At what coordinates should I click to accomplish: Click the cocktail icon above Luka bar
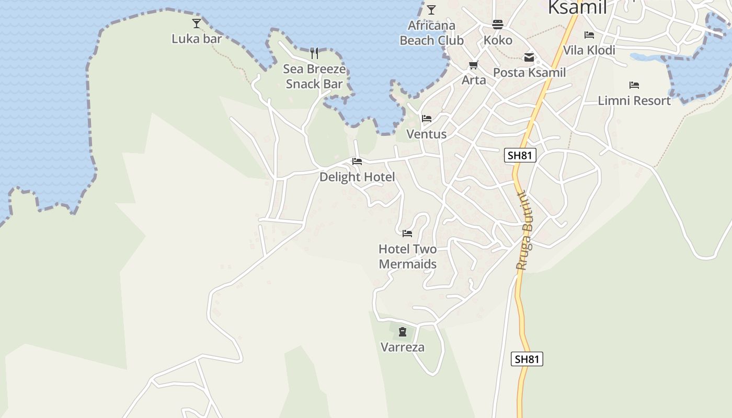(197, 23)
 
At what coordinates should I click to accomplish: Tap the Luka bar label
(197, 39)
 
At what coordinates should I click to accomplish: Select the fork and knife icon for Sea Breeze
(314, 53)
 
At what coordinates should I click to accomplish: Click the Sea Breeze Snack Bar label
(314, 76)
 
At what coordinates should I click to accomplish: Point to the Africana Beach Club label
(431, 33)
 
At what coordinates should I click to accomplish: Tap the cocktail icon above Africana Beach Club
(431, 10)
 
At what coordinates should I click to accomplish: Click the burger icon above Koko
(497, 25)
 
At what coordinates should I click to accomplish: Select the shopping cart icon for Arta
(474, 65)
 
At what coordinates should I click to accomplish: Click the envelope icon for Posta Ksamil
(529, 57)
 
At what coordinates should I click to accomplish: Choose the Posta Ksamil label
(529, 73)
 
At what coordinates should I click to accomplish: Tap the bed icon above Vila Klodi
(589, 35)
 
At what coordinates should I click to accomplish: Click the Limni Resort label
(634, 100)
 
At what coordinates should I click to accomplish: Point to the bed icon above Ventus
(427, 119)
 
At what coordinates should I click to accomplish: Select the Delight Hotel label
(357, 177)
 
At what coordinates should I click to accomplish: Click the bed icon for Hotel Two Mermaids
(407, 234)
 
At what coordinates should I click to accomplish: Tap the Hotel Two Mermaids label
(407, 257)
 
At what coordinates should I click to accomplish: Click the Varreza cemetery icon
(403, 332)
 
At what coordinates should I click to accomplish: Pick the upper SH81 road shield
(520, 155)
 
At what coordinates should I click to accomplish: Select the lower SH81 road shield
(527, 359)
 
